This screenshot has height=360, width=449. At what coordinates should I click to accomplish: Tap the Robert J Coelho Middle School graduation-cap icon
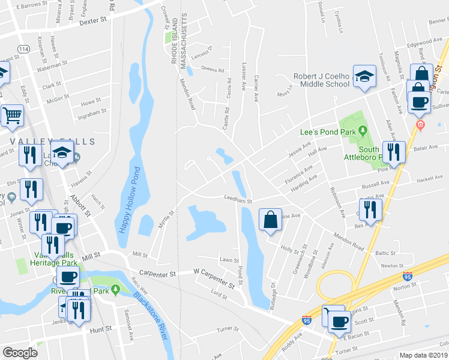click(x=364, y=76)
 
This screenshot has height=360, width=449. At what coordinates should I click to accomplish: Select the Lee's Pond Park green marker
click(x=363, y=131)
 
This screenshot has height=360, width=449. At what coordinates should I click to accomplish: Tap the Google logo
click(x=20, y=353)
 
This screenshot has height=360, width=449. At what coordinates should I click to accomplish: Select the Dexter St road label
click(x=92, y=20)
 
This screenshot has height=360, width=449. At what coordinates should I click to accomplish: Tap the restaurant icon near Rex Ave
click(x=370, y=210)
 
